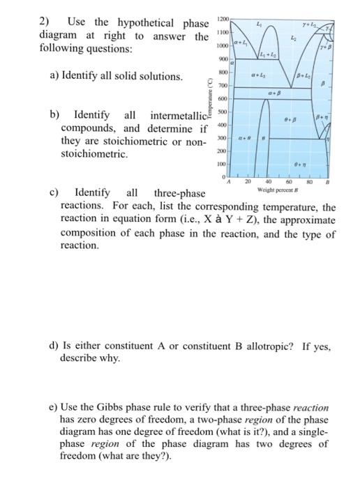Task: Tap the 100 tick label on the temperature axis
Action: pyautogui.click(x=223, y=164)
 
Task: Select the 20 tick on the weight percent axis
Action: pyautogui.click(x=246, y=181)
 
